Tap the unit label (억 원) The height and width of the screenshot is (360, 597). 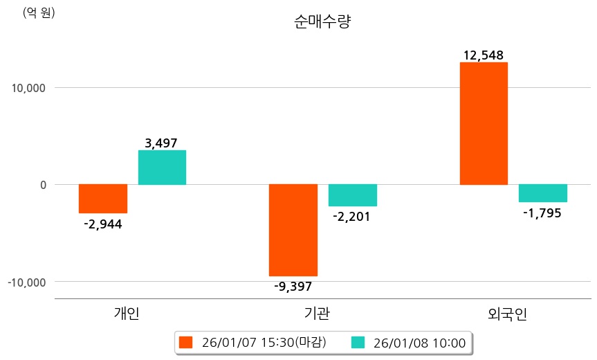[x=39, y=12]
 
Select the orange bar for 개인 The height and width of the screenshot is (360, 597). [x=103, y=199]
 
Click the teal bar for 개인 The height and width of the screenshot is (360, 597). [x=162, y=168]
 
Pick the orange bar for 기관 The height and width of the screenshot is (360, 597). [x=293, y=230]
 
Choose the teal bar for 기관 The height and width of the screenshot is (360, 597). [x=352, y=195]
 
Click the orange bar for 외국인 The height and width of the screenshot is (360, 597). [x=484, y=123]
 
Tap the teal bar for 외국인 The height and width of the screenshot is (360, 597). [x=543, y=193]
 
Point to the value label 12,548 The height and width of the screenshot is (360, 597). [x=484, y=55]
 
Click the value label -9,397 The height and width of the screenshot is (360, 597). [x=293, y=286]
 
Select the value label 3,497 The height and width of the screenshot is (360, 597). [x=162, y=143]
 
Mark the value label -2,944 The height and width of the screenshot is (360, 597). [x=103, y=224]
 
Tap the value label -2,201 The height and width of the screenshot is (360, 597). [x=352, y=217]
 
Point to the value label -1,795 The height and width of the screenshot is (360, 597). [x=543, y=213]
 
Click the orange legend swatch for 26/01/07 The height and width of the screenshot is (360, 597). [x=185, y=342]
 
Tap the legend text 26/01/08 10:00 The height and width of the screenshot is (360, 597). [x=419, y=342]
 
